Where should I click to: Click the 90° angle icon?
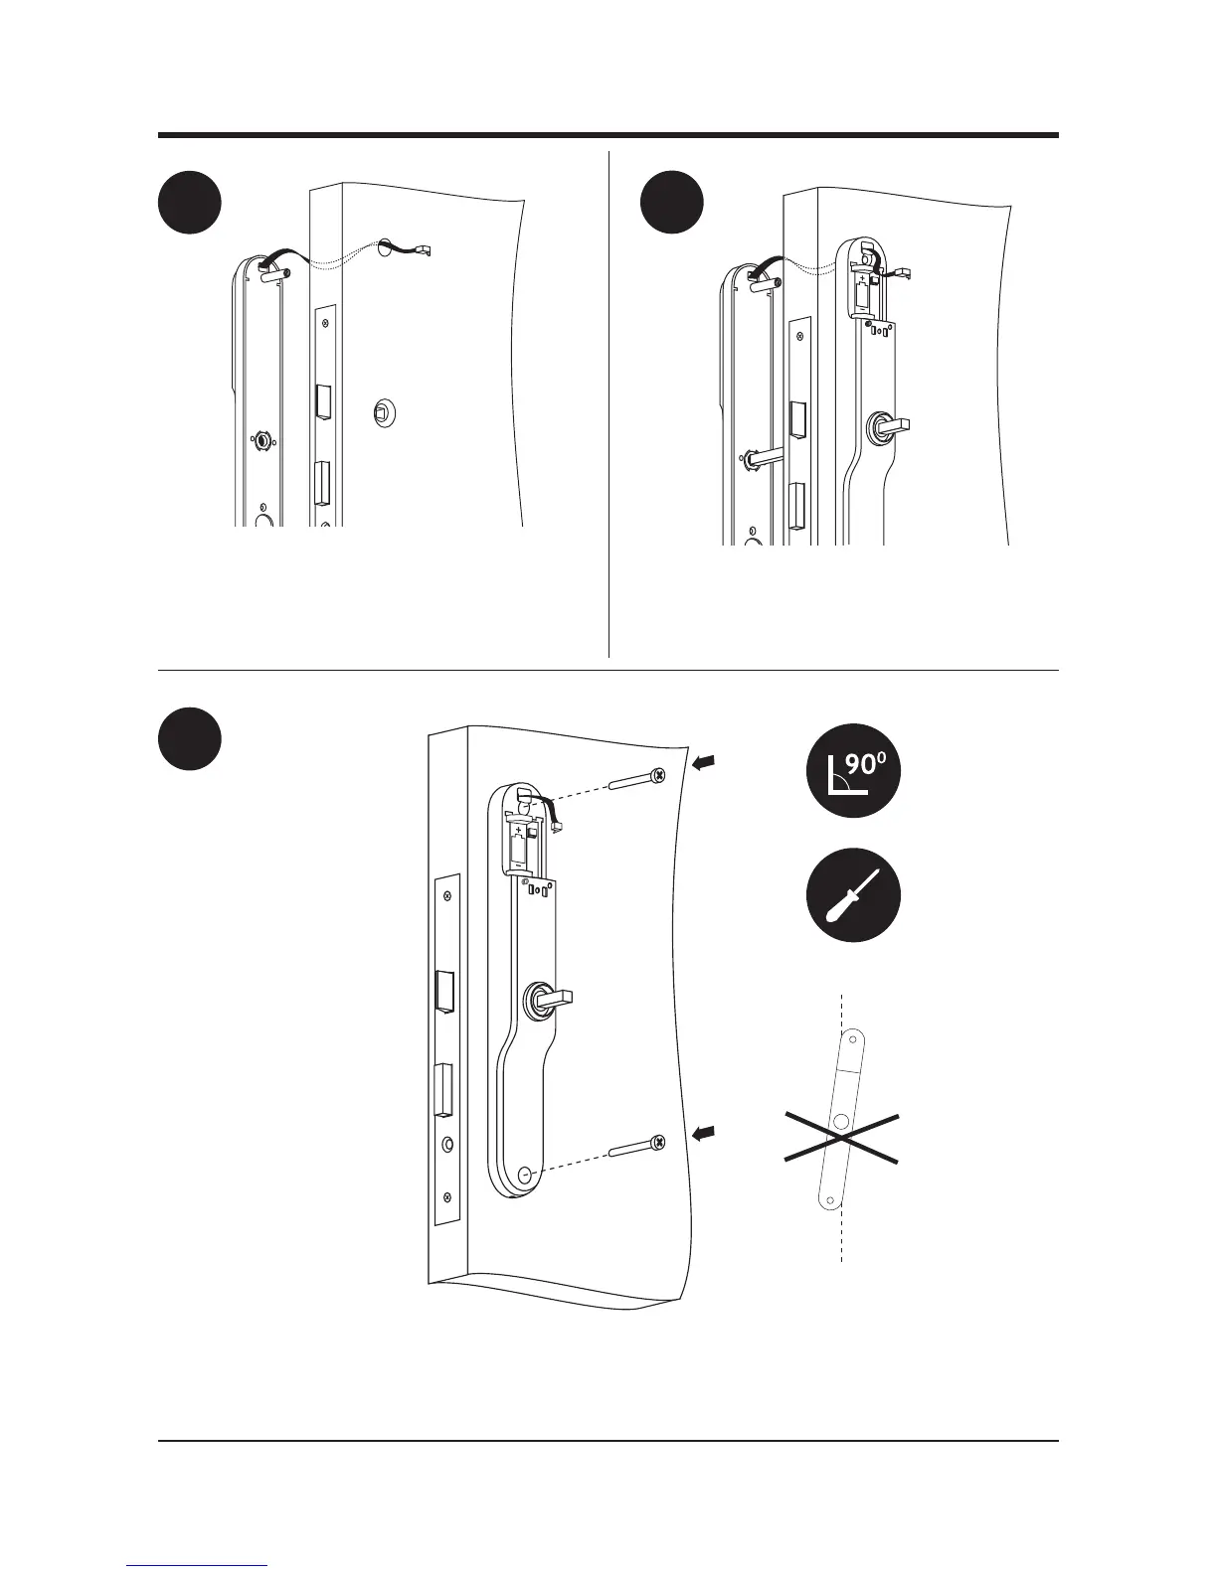[853, 771]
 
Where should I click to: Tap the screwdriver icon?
[853, 894]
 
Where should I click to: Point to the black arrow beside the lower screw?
[701, 1133]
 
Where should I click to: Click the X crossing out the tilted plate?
[842, 1137]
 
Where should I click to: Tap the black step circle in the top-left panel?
[190, 203]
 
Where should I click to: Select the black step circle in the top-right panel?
[671, 203]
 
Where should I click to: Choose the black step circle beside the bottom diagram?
[190, 738]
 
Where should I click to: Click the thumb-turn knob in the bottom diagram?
[547, 997]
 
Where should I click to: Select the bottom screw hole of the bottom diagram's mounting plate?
[524, 1175]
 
